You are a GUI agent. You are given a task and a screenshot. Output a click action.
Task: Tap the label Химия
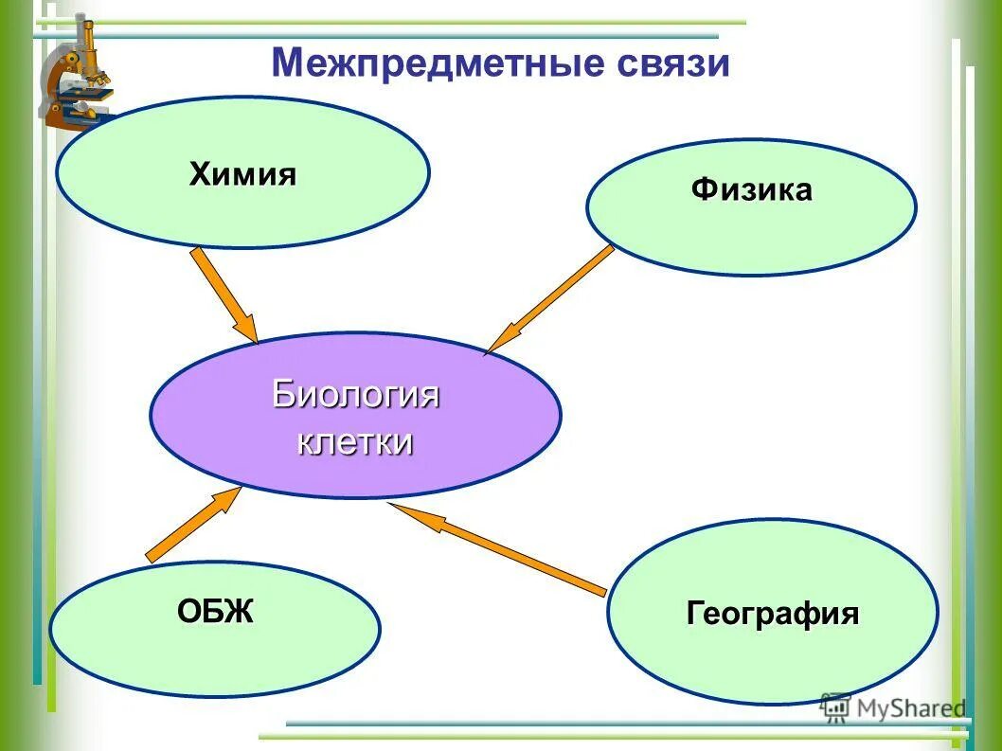coord(243,174)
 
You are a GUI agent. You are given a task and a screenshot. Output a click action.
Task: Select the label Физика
coord(751,189)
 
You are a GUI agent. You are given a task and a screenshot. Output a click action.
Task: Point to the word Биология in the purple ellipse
coord(355,394)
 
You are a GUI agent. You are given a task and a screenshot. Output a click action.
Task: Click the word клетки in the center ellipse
coord(355,441)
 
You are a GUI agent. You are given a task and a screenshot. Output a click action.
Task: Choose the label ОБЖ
coord(215,612)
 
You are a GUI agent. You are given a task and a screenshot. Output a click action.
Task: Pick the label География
coord(772,614)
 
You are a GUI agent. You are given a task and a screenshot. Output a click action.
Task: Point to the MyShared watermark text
coord(910,707)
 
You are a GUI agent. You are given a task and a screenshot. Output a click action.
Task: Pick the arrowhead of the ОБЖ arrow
coord(230,498)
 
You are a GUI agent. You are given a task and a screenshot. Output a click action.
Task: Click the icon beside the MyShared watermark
coord(835,707)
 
